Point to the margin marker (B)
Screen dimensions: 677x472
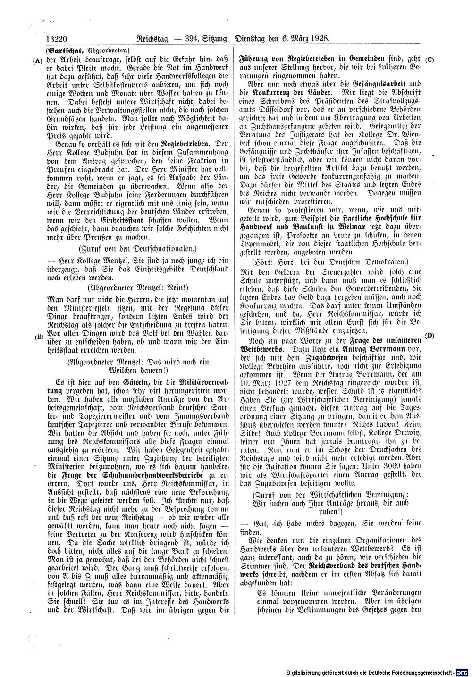[39, 337]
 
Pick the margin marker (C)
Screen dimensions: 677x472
[430, 59]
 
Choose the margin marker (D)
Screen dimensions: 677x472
[430, 336]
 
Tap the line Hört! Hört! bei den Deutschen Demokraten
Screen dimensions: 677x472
[330, 261]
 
